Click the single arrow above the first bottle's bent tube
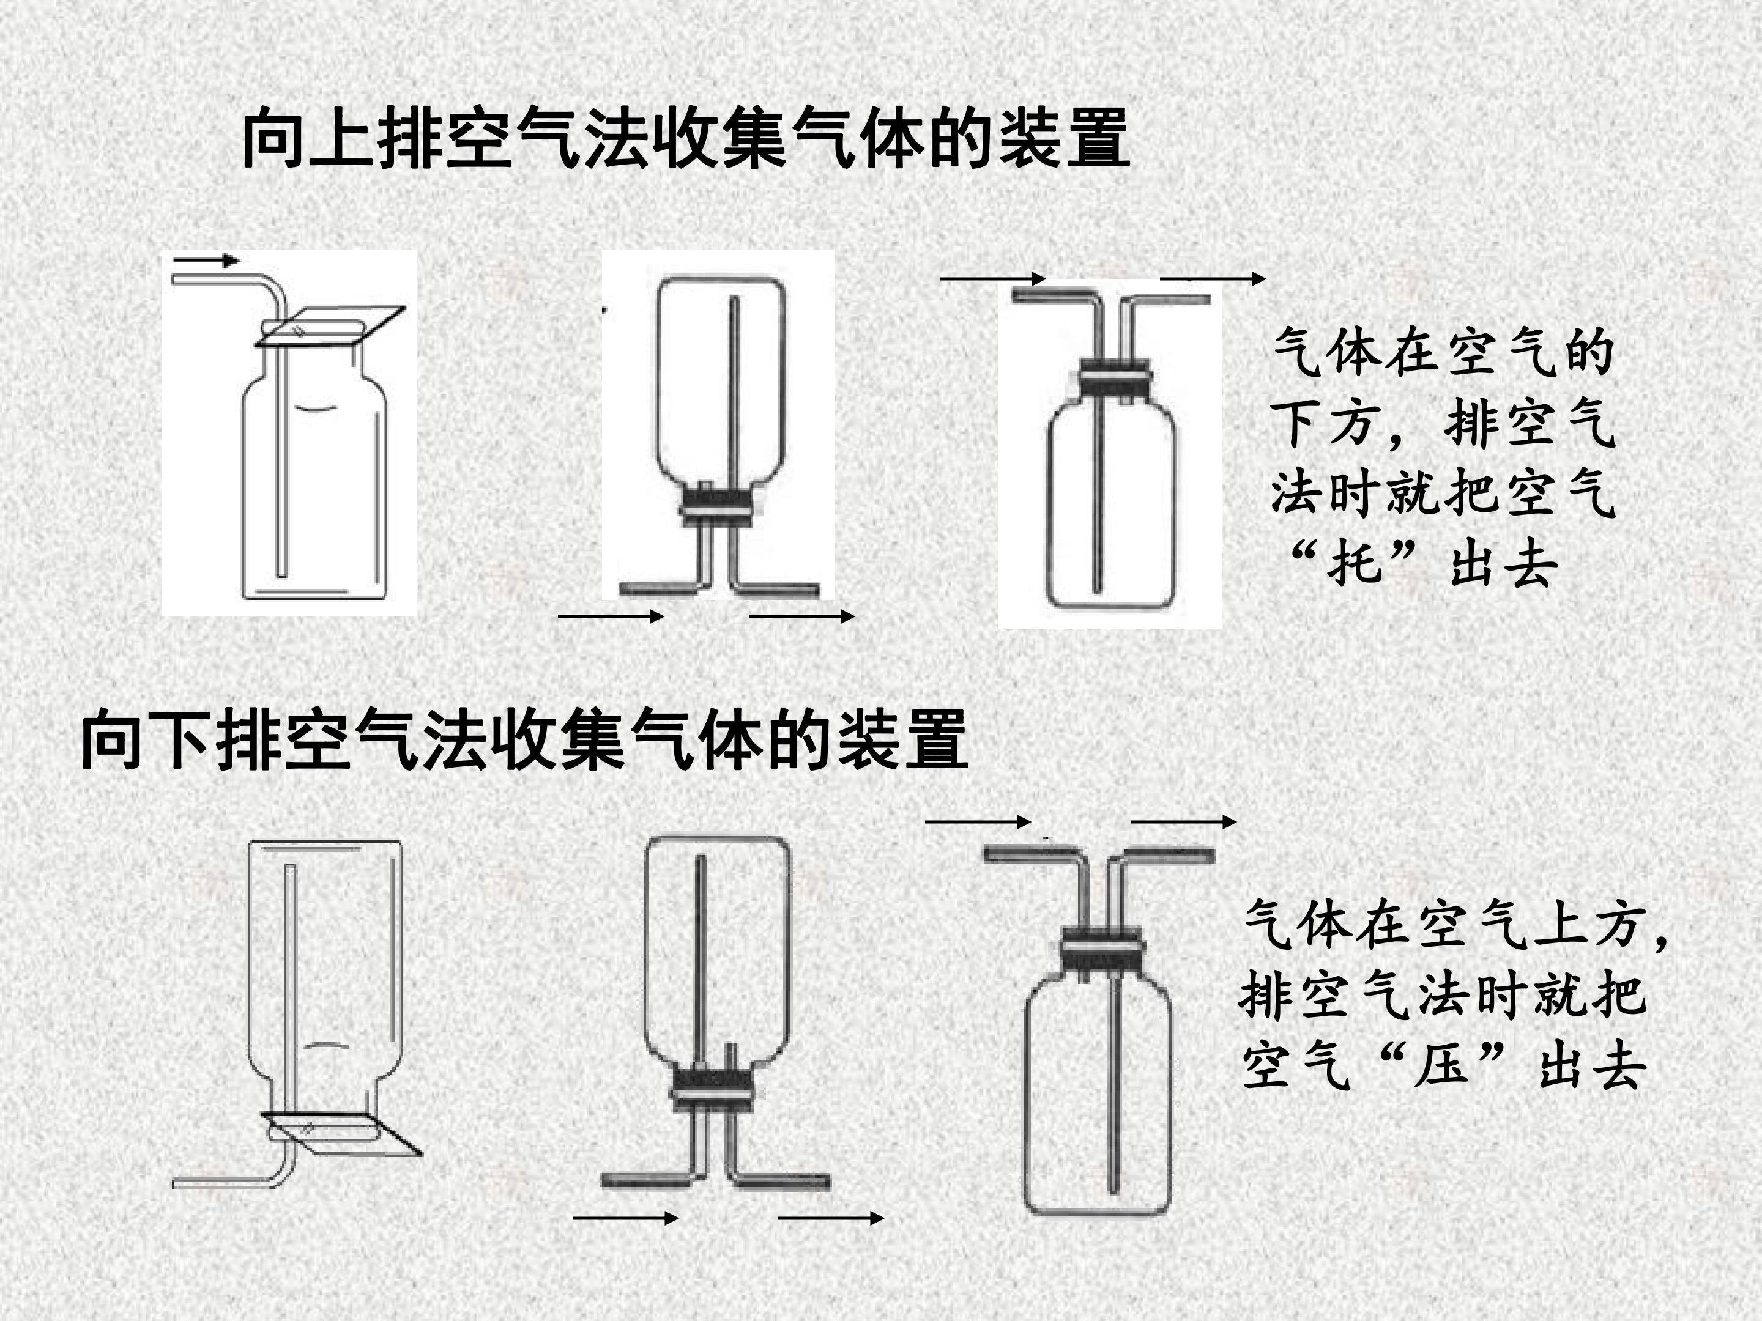pyautogui.click(x=206, y=259)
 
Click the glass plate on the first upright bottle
pyautogui.click(x=330, y=326)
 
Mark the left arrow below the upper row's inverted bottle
pyautogui.click(x=611, y=615)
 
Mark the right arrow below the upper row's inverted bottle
pyautogui.click(x=802, y=615)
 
